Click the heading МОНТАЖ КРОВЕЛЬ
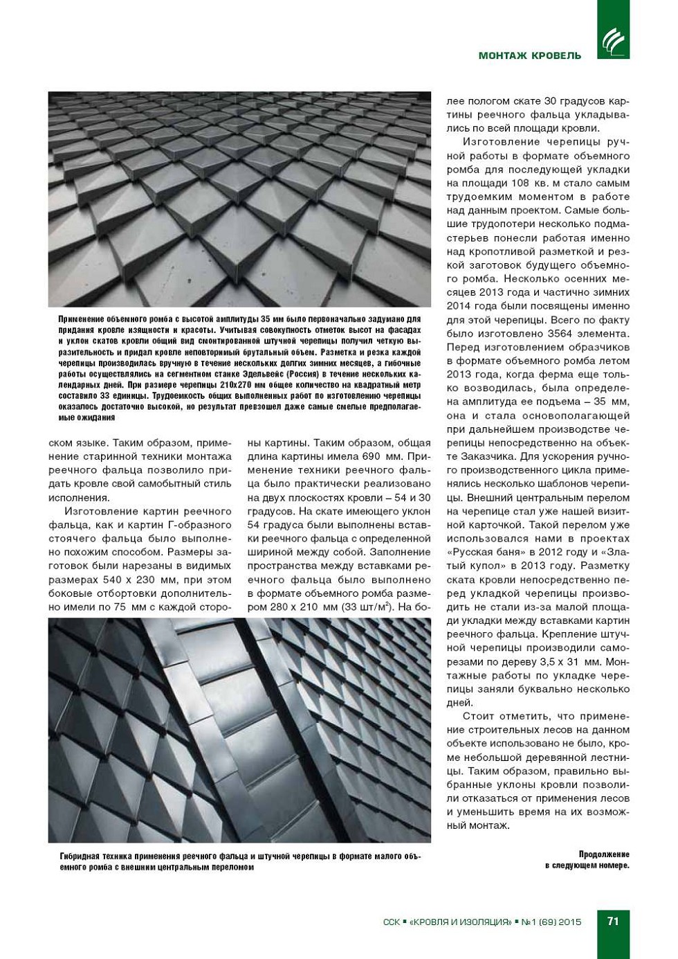(530, 55)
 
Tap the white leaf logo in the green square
(613, 41)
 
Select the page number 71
(613, 921)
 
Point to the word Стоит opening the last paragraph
(477, 716)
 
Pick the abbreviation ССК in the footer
(391, 922)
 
